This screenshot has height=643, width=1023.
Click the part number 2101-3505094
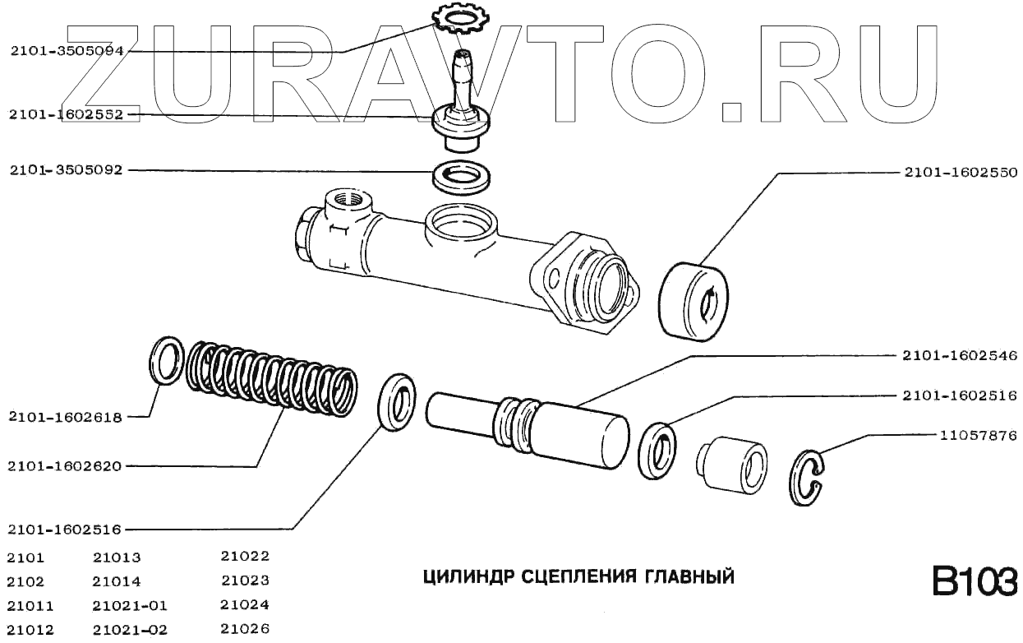(x=67, y=50)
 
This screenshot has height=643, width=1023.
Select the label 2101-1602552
(x=67, y=115)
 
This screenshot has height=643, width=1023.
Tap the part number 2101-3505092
(x=67, y=171)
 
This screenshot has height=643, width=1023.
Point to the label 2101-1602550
(x=961, y=173)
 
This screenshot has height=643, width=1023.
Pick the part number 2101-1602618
(x=65, y=417)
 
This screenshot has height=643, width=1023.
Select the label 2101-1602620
(x=65, y=466)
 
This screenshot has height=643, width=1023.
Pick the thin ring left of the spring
(x=166, y=359)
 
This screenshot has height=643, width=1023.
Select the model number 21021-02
(x=130, y=631)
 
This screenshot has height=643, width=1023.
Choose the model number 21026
(x=245, y=630)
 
